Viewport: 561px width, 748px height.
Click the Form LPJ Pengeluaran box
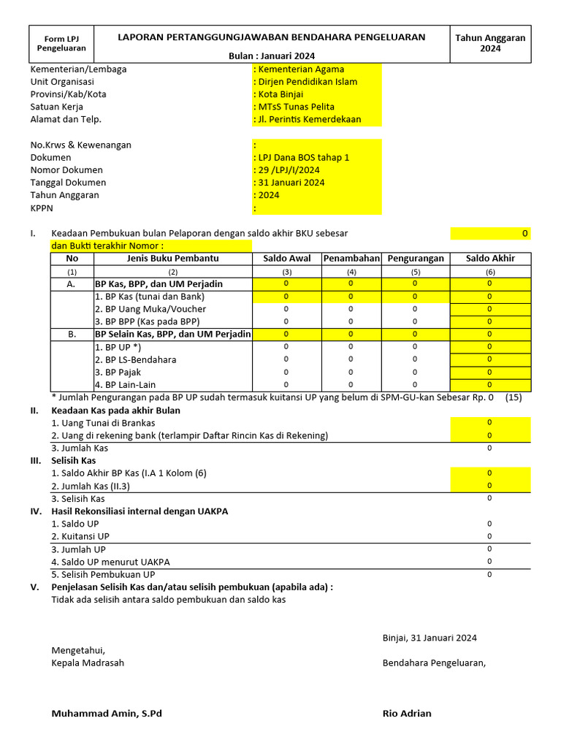pyautogui.click(x=61, y=44)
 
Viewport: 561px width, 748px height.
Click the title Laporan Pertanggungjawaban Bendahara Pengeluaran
pyautogui.click(x=272, y=37)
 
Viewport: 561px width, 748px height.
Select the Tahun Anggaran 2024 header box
pyautogui.click(x=489, y=44)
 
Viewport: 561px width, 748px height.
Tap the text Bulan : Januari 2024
pyautogui.click(x=272, y=56)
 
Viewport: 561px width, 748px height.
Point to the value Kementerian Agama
pyautogui.click(x=301, y=69)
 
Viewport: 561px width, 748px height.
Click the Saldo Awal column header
pyautogui.click(x=286, y=259)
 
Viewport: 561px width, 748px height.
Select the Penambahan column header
pyautogui.click(x=351, y=259)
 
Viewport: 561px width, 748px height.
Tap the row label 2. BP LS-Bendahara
pyautogui.click(x=135, y=359)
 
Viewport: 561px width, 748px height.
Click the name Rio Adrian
pyautogui.click(x=407, y=713)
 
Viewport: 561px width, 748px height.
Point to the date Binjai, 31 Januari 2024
pyautogui.click(x=430, y=638)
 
